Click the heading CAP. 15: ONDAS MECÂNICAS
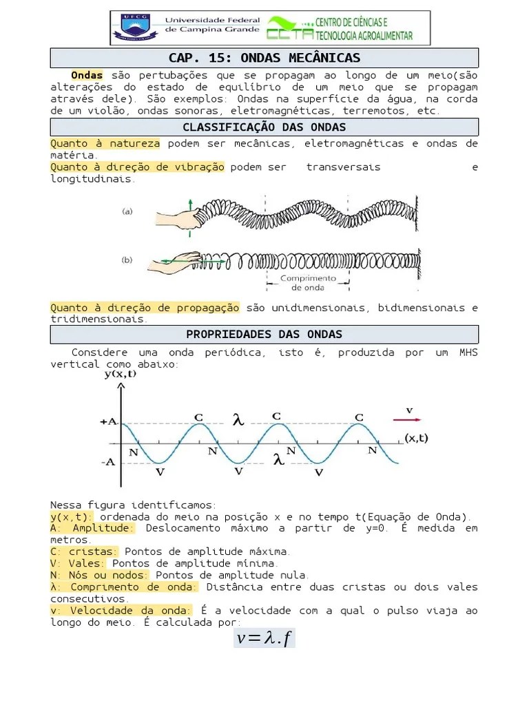[x=264, y=58]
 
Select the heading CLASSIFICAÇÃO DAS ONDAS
[x=264, y=127]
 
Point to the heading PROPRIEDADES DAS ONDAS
[x=264, y=335]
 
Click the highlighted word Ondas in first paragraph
[x=87, y=75]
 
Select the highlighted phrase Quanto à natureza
[x=105, y=144]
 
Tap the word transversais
[x=343, y=167]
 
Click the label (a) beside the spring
[x=127, y=212]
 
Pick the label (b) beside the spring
[x=127, y=260]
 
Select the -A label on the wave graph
[x=107, y=463]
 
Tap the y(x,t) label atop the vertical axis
[x=120, y=374]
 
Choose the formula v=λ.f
[x=264, y=638]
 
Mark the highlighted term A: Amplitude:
[x=93, y=528]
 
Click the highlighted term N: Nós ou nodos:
[x=99, y=575]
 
